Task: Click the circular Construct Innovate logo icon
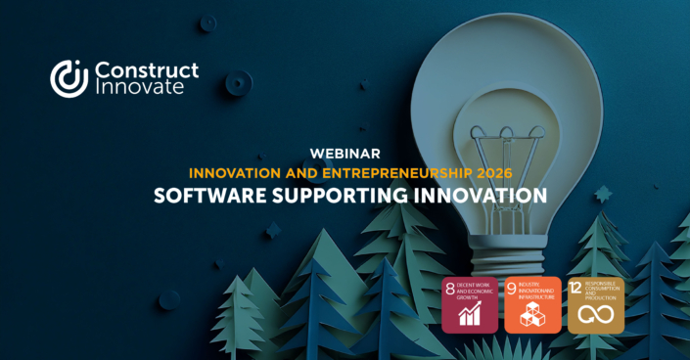pyautogui.click(x=69, y=78)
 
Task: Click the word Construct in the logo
pyautogui.click(x=146, y=69)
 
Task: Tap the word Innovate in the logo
pyautogui.click(x=138, y=88)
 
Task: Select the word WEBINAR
pyautogui.click(x=345, y=154)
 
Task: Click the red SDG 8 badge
pyautogui.click(x=470, y=304)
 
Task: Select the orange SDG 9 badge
pyautogui.click(x=532, y=304)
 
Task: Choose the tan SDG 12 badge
pyautogui.click(x=596, y=304)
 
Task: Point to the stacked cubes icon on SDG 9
pyautogui.click(x=532, y=314)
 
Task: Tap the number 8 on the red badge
pyautogui.click(x=450, y=288)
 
